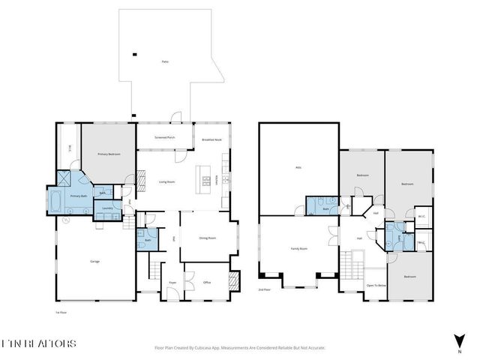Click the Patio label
click(x=163, y=61)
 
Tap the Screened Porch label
click(x=165, y=137)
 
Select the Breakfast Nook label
click(x=212, y=139)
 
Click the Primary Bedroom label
click(x=109, y=154)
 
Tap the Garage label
click(x=94, y=261)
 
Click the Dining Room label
click(x=207, y=238)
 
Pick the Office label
click(x=206, y=282)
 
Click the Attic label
click(x=298, y=166)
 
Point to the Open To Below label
click(x=376, y=286)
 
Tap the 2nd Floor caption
click(x=264, y=289)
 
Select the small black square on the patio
click(x=134, y=53)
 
